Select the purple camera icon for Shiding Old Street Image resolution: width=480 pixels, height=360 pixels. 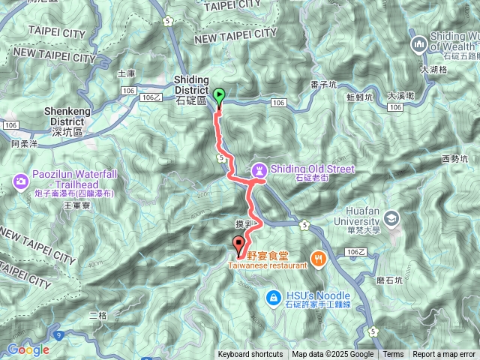coord(259,169)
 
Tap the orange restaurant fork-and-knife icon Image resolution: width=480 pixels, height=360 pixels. coord(318,259)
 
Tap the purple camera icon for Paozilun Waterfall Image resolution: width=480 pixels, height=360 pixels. coord(19,180)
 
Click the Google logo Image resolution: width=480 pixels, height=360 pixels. coord(28,349)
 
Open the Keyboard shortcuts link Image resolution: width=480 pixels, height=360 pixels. coord(250,355)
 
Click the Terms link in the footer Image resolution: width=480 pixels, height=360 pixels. coord(393,355)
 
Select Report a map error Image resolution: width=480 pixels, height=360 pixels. coord(444,355)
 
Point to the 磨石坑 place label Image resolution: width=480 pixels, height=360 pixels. coord(387,280)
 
